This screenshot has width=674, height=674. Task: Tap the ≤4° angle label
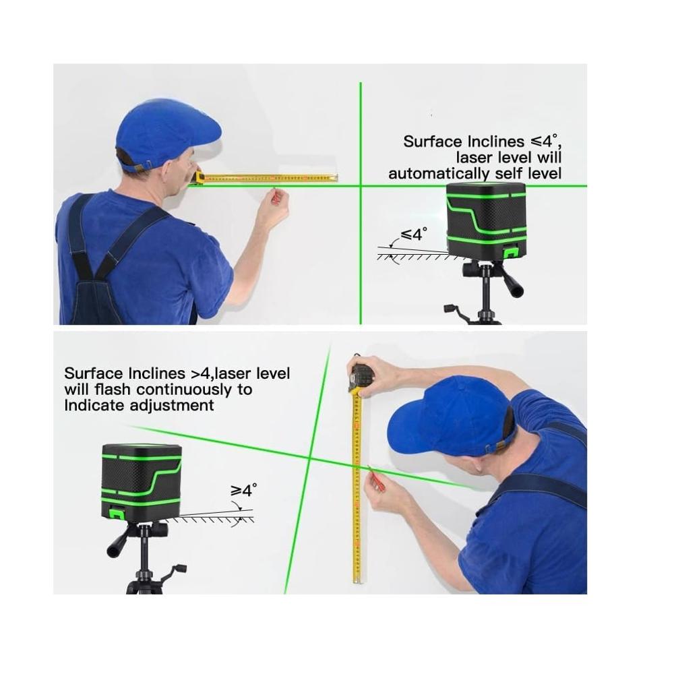tap(414, 235)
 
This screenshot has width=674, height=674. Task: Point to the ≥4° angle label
tap(244, 489)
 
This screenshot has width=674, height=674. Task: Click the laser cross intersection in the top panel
tap(361, 185)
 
